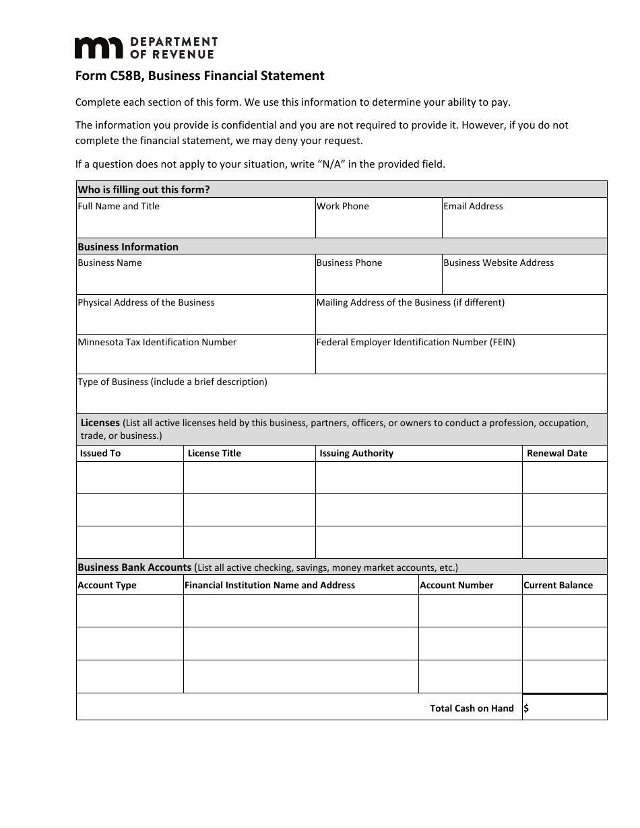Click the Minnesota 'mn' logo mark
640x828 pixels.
98,48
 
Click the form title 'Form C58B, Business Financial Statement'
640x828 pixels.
199,76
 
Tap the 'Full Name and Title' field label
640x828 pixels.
119,206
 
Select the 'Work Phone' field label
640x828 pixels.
343,206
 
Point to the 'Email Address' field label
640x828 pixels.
473,206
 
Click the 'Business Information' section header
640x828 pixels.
128,246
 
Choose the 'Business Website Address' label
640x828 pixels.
499,263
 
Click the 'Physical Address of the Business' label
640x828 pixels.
146,302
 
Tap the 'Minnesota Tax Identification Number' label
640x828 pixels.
157,342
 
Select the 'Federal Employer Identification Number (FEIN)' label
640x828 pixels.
416,342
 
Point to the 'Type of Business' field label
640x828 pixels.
172,382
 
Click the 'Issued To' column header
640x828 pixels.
100,453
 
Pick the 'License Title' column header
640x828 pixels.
214,453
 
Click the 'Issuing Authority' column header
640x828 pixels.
356,453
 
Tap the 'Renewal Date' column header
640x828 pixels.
557,453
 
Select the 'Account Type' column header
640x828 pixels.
107,585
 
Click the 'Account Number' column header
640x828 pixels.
457,585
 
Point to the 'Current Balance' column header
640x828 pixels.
558,585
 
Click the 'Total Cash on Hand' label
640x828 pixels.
472,708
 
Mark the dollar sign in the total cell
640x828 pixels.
526,708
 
